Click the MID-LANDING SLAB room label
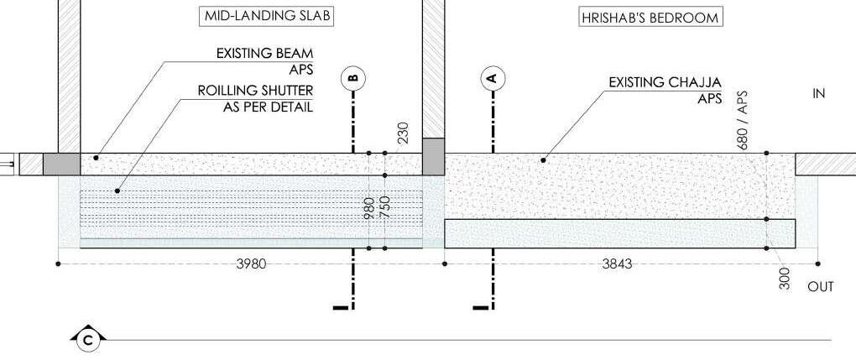point(251,16)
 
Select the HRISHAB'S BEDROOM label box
point(651,17)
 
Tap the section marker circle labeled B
point(353,78)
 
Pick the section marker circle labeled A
point(493,78)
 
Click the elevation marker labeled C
point(88,339)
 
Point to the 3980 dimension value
point(251,263)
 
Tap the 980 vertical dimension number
point(369,207)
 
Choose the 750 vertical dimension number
point(385,207)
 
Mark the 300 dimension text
point(785,279)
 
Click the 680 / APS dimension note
point(742,120)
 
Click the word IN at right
point(819,94)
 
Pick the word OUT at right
point(821,287)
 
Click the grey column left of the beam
point(60,164)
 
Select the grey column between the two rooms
point(433,156)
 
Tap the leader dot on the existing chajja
point(544,159)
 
